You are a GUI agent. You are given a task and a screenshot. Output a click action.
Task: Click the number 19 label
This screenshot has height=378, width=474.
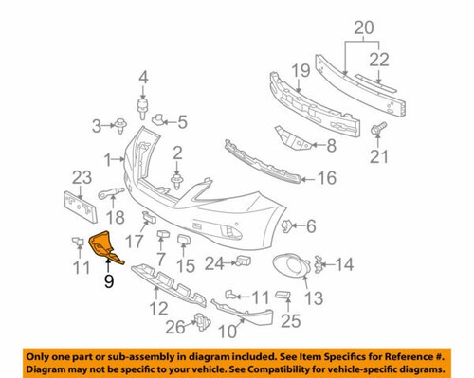301,69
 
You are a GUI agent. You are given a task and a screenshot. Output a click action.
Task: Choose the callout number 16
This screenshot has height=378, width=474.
326,176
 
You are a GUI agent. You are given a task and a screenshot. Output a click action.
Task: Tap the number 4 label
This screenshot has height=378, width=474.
144,77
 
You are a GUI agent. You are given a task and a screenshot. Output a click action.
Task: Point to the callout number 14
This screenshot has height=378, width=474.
342,265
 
